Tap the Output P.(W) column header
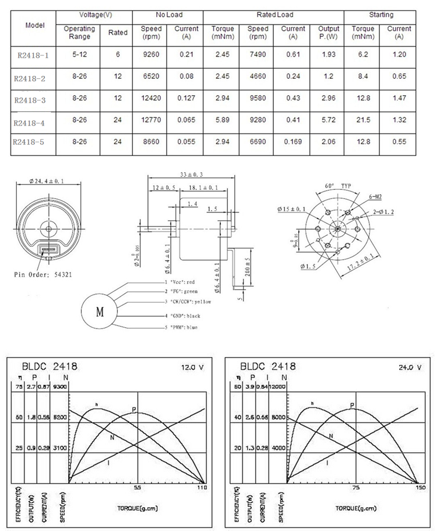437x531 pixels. pyautogui.click(x=327, y=33)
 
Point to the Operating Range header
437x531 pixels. pyautogui.click(x=79, y=33)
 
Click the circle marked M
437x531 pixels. pyautogui.click(x=98, y=311)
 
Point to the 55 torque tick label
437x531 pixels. pyautogui.click(x=138, y=487)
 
